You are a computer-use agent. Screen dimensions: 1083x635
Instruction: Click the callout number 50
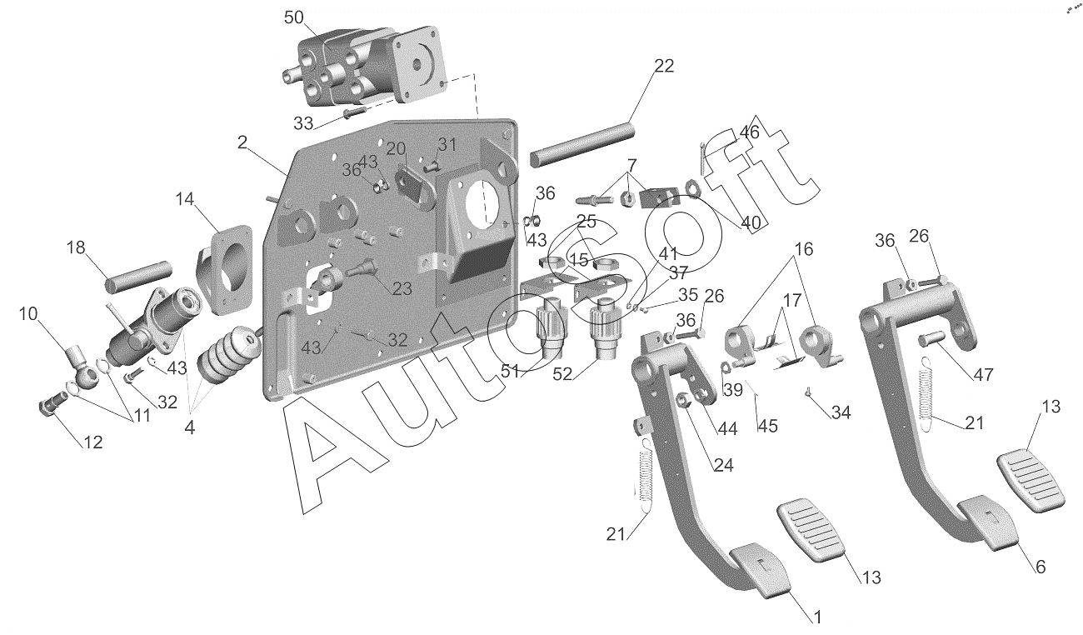tap(293, 17)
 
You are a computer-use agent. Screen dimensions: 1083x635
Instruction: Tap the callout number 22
tap(664, 66)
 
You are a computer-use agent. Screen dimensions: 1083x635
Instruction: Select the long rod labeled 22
tap(581, 145)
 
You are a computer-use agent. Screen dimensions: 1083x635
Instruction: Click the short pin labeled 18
tap(138, 277)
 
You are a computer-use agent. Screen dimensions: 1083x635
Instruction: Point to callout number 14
tap(185, 199)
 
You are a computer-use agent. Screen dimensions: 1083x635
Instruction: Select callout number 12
tap(93, 442)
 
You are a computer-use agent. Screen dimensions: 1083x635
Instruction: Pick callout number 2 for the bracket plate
tap(242, 142)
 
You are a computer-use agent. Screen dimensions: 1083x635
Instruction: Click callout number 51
tap(510, 372)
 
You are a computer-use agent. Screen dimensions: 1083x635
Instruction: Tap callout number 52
tap(562, 374)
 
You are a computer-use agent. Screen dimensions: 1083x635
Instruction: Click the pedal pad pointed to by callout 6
tap(987, 523)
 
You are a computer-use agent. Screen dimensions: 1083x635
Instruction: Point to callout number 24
tap(724, 465)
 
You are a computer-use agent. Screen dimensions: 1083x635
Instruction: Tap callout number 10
tap(28, 314)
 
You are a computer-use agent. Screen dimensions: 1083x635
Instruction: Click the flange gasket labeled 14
tap(224, 269)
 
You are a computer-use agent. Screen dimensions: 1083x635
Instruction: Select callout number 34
tap(841, 412)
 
